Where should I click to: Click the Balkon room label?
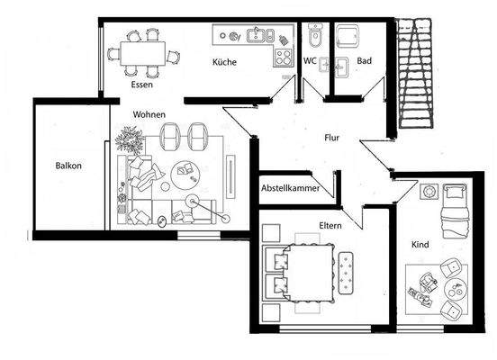pos(68,167)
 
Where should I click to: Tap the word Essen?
pos(141,85)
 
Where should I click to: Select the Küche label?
pos(224,62)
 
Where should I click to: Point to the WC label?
pos(310,62)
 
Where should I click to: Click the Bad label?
pos(365,62)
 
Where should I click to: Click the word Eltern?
pos(330,226)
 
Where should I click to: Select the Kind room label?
pos(420,244)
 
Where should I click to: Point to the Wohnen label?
pos(149,115)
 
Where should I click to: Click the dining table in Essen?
pos(141,52)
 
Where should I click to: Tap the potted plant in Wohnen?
pos(131,139)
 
